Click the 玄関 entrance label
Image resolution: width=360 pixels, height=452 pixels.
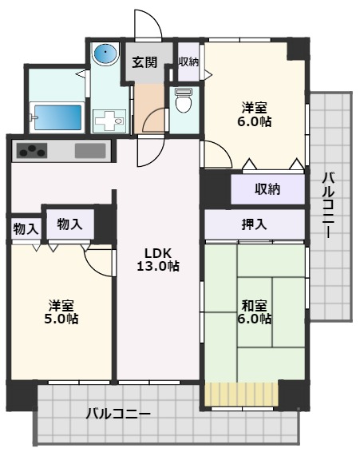pyautogui.click(x=144, y=62)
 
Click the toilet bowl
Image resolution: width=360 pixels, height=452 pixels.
pyautogui.click(x=184, y=101)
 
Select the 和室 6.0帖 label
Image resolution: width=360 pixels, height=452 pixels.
pyautogui.click(x=256, y=311)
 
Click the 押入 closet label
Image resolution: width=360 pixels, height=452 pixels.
pyautogui.click(x=255, y=224)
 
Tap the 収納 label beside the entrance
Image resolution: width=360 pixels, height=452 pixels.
pyautogui.click(x=188, y=62)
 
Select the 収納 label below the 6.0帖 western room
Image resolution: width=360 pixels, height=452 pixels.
pyautogui.click(x=267, y=189)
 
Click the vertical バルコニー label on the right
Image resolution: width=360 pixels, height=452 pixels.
pyautogui.click(x=328, y=205)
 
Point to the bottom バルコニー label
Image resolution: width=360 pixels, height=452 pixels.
pyautogui.click(x=118, y=414)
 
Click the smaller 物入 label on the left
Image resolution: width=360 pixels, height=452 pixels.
pyautogui.click(x=26, y=228)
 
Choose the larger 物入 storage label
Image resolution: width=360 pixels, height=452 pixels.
pyautogui.click(x=70, y=224)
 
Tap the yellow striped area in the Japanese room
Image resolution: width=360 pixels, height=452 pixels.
pyautogui.click(x=241, y=395)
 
